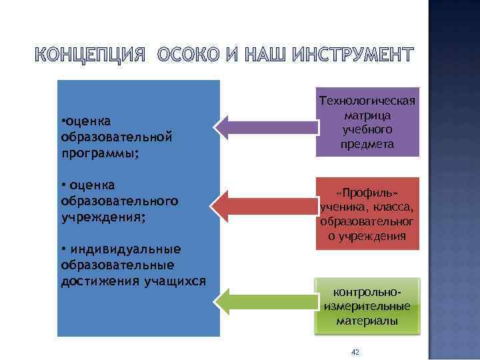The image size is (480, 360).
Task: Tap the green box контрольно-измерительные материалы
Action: pyautogui.click(x=367, y=306)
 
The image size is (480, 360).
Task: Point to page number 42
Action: pyautogui.click(x=355, y=351)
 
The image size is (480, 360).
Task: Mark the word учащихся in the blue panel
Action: pyautogui.click(x=175, y=280)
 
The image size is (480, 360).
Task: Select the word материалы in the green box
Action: pyautogui.click(x=367, y=321)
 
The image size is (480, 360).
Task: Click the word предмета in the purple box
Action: pyautogui.click(x=367, y=144)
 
